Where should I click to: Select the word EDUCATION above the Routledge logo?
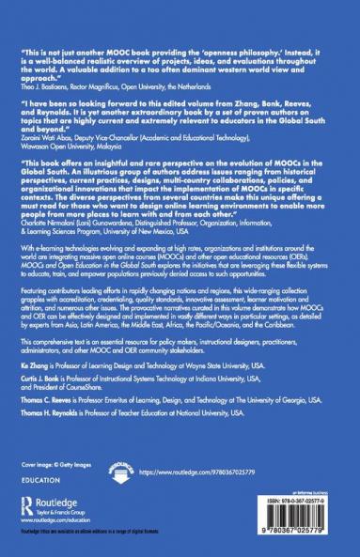39,478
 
